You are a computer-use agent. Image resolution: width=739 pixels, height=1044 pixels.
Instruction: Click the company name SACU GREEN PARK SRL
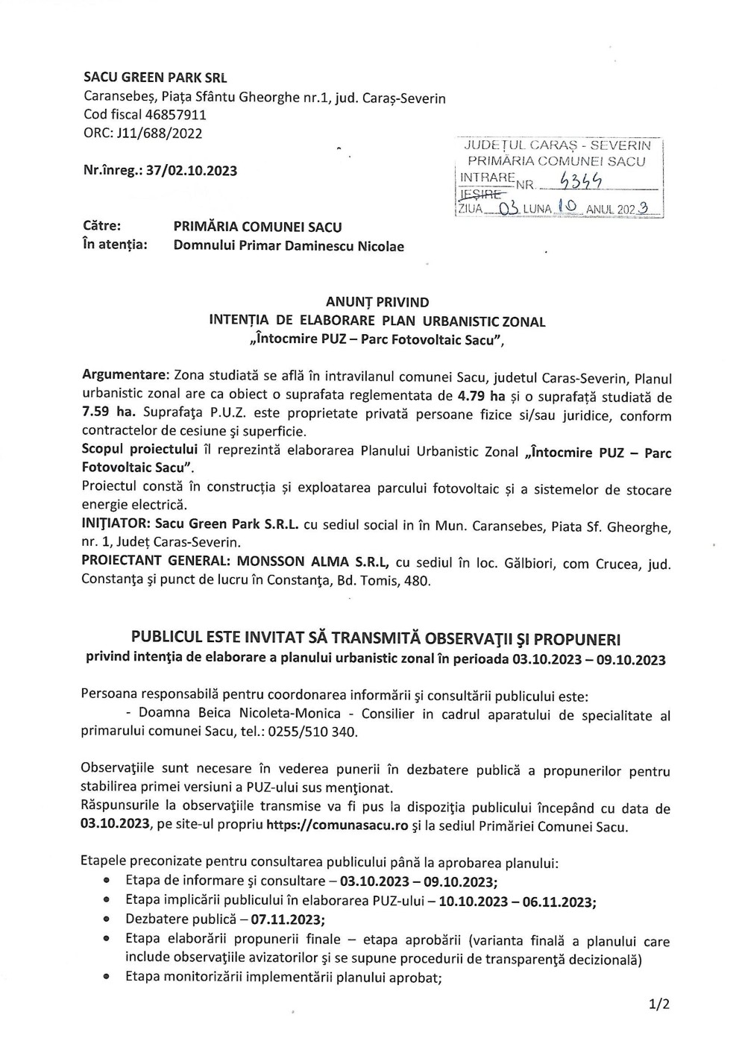click(x=155, y=78)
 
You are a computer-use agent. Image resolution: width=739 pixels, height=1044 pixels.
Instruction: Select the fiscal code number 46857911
click(x=177, y=115)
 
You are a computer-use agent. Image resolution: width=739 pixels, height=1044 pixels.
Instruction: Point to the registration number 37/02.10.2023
click(x=192, y=171)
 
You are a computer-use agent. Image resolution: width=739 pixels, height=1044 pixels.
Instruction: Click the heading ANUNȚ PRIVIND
click(x=377, y=302)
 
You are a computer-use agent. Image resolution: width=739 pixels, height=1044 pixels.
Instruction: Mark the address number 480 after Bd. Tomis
click(x=418, y=580)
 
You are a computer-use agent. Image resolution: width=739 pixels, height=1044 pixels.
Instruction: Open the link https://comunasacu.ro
click(x=336, y=826)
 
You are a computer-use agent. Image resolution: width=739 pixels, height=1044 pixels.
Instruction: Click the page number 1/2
click(x=658, y=1004)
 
